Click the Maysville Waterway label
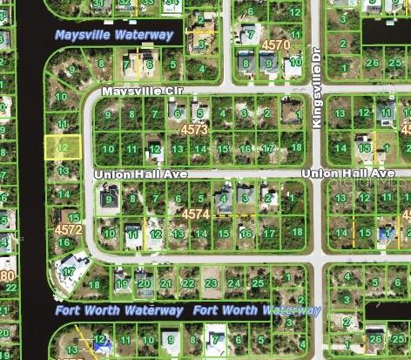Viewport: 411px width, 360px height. (114, 35)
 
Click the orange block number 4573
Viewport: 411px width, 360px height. (194, 129)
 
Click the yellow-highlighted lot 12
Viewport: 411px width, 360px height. (63, 147)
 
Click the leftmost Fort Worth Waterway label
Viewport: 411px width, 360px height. (119, 310)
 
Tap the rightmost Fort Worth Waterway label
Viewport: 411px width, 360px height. (257, 310)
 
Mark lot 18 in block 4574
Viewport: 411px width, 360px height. (297, 232)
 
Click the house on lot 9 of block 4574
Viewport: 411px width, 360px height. (110, 200)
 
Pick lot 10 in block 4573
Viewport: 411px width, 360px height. (109, 149)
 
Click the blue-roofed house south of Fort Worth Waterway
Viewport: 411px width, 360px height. (103, 345)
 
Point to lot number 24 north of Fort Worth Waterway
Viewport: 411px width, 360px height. (233, 283)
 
